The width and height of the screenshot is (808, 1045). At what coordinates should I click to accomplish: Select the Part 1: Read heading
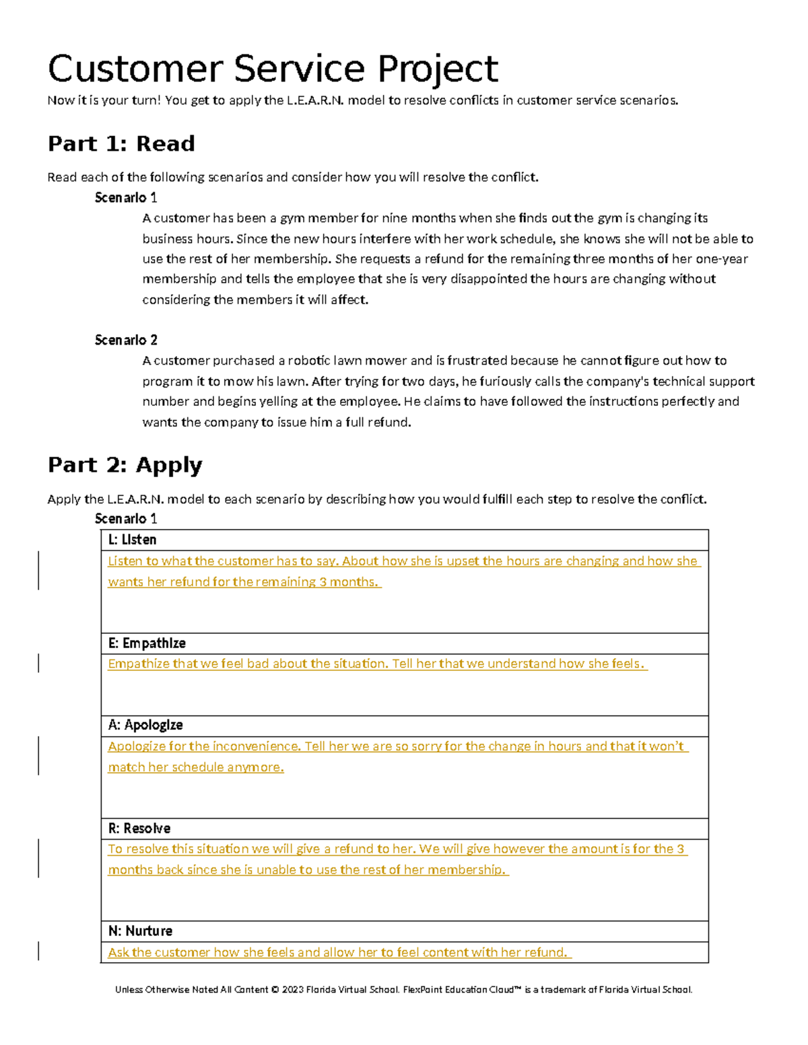[121, 143]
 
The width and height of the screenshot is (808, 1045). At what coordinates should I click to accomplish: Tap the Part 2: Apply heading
[125, 465]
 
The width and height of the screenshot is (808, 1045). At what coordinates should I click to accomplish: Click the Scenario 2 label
[126, 340]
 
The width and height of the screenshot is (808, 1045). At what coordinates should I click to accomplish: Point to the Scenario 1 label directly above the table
[126, 518]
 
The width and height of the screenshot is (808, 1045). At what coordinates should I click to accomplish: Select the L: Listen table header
[132, 540]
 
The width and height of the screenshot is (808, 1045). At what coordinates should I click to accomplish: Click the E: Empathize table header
[147, 643]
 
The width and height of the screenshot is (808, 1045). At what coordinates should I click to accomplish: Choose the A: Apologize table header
[145, 725]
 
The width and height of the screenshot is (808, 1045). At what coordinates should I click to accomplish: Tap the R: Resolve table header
[139, 828]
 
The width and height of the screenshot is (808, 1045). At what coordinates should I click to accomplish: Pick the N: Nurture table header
[140, 931]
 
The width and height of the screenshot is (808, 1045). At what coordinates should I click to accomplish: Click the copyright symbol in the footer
[275, 990]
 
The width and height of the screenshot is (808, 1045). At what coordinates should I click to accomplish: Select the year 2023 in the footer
[292, 990]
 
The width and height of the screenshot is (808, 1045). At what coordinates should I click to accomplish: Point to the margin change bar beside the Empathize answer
[38, 663]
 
